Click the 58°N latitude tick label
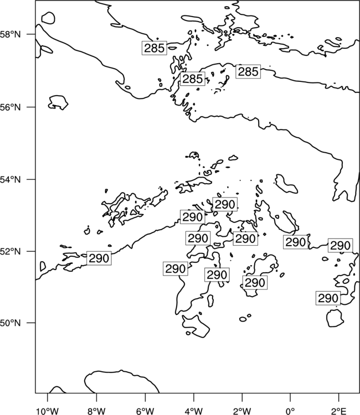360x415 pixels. click(x=11, y=34)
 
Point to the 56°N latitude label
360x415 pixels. click(x=11, y=107)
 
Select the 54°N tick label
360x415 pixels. click(x=11, y=180)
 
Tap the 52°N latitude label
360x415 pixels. click(x=11, y=251)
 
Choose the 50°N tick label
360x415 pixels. click(x=11, y=323)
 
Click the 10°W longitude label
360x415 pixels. click(x=48, y=411)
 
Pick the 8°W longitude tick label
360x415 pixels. click(x=96, y=411)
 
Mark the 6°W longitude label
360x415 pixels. click(x=145, y=411)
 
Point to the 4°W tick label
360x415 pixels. click(x=193, y=411)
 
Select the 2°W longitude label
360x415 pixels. click(x=242, y=411)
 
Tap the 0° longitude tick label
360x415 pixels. click(x=290, y=411)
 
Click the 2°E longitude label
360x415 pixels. click(x=339, y=411)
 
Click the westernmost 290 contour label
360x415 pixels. click(x=99, y=258)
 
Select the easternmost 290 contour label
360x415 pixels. click(x=341, y=246)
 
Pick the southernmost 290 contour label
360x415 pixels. click(x=328, y=298)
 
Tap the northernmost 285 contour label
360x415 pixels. click(x=155, y=48)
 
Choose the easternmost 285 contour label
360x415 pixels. click(x=248, y=72)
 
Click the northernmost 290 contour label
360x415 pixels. click(x=225, y=204)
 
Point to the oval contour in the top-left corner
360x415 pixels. click(x=48, y=18)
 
